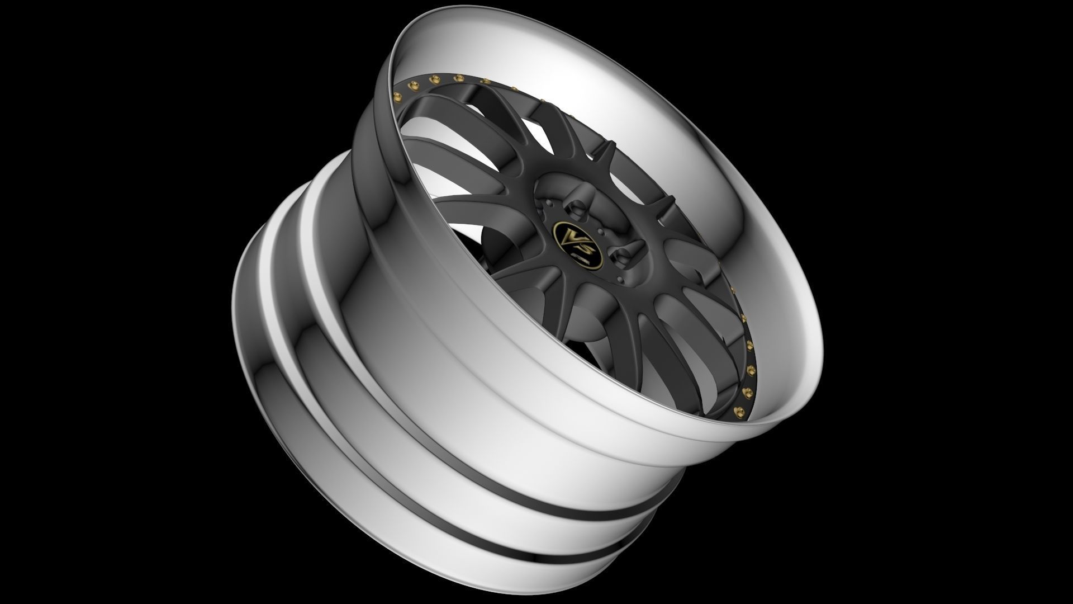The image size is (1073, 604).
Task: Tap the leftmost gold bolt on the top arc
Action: point(398,93)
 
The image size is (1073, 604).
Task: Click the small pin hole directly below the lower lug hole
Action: point(620,279)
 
